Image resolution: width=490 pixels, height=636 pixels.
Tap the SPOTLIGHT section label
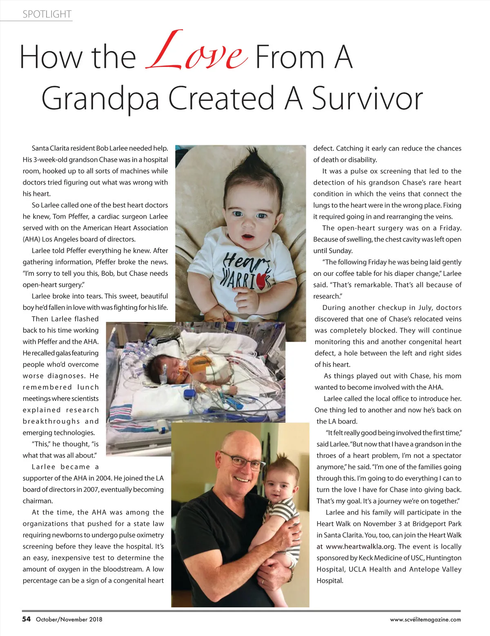pyautogui.click(x=47, y=14)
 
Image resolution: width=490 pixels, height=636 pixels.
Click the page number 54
pyautogui.click(x=27, y=619)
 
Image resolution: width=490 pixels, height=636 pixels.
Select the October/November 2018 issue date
pyautogui.click(x=69, y=619)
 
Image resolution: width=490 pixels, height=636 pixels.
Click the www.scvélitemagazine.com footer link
pyautogui.click(x=425, y=619)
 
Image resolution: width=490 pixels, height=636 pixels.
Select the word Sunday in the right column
pyautogui.click(x=341, y=251)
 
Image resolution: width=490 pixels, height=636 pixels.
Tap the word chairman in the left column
pyautogui.click(x=38, y=501)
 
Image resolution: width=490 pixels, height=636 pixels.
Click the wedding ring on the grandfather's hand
pyautogui.click(x=263, y=581)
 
